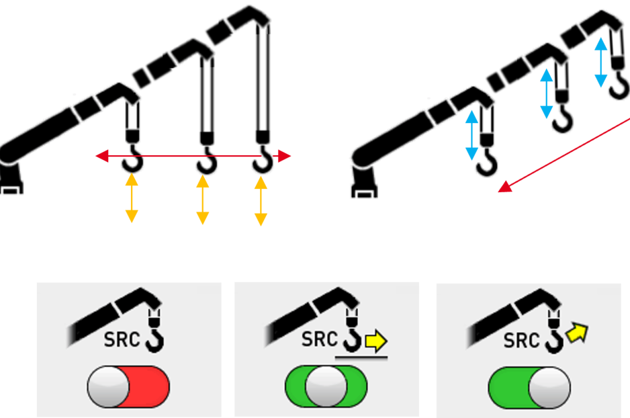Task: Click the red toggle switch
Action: click(x=128, y=387)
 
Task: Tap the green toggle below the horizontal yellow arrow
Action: click(x=326, y=387)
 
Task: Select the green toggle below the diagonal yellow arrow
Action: click(x=529, y=388)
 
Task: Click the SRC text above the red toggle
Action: click(x=122, y=340)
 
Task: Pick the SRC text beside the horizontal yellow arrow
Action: click(x=319, y=339)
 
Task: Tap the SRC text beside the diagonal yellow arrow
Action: click(x=521, y=341)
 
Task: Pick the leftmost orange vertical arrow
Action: click(x=132, y=199)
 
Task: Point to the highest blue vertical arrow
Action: click(x=601, y=62)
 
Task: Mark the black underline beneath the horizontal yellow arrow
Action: click(x=361, y=358)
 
